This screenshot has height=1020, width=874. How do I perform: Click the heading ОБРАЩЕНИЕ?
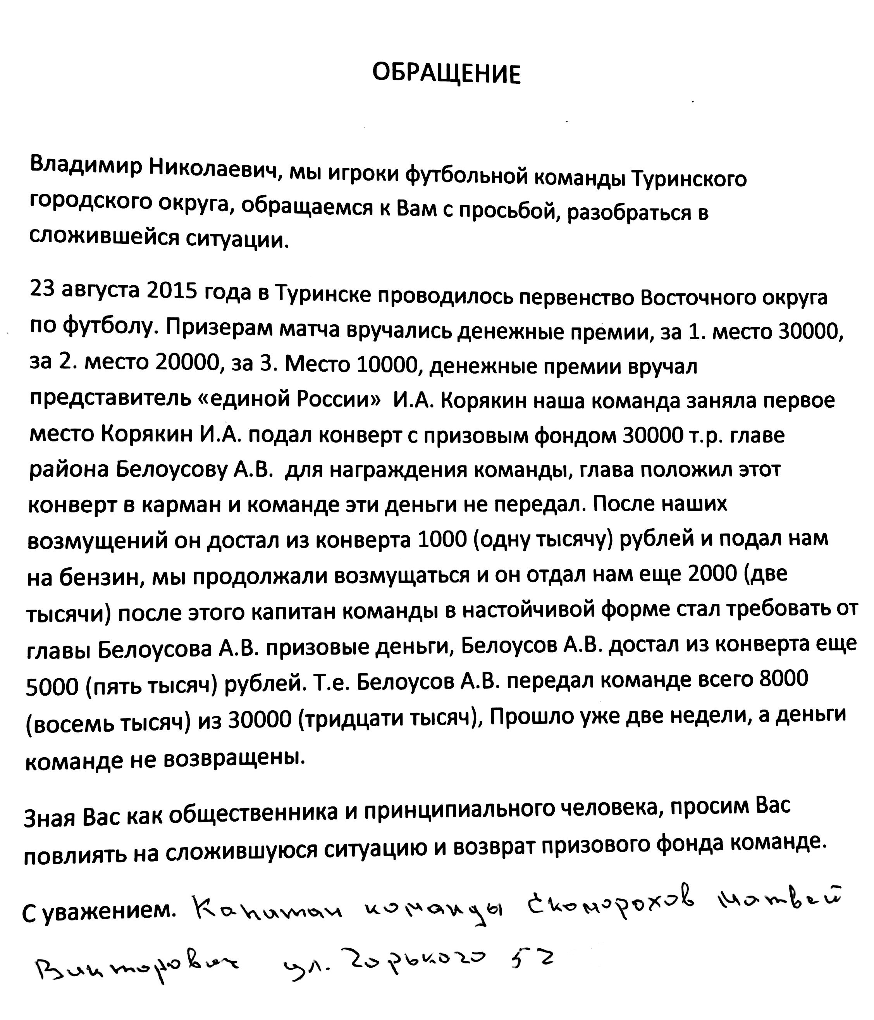pyautogui.click(x=446, y=74)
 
